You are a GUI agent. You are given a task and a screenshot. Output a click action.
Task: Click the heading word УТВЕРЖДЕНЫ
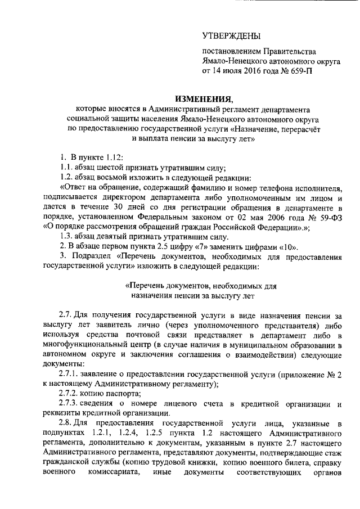click(232, 38)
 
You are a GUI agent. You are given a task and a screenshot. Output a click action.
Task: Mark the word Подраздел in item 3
click(91, 257)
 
